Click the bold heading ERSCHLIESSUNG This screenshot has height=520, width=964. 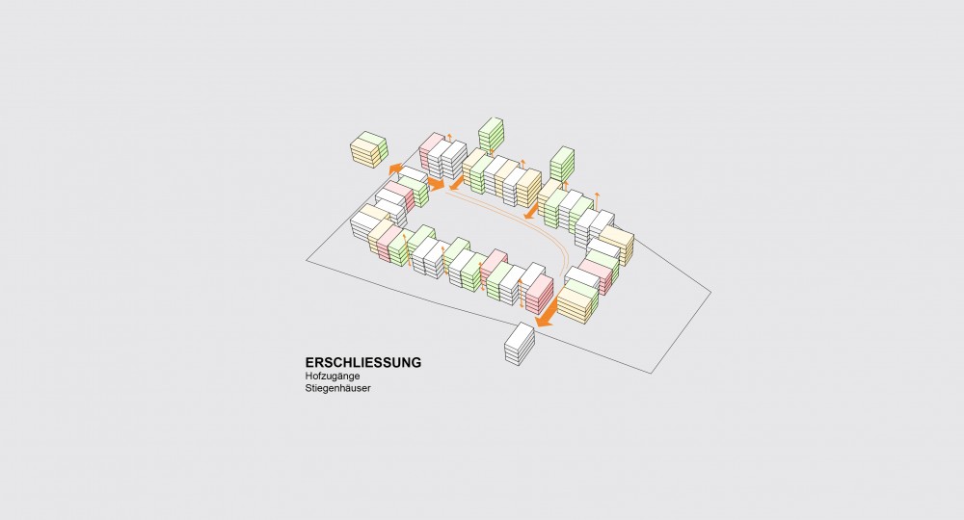362,362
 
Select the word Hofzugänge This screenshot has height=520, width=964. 333,376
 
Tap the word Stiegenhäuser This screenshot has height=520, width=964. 338,389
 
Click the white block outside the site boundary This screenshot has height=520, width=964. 520,344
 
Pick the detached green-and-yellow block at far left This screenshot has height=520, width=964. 369,150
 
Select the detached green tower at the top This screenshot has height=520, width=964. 491,135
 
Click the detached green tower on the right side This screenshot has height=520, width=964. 562,164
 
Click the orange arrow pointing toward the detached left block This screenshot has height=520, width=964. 395,168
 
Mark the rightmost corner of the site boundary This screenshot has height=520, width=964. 710,293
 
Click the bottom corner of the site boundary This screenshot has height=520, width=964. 651,374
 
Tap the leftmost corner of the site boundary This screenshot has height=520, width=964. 307,260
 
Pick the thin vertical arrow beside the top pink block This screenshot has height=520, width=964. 449,139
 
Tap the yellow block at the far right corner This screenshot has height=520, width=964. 617,245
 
